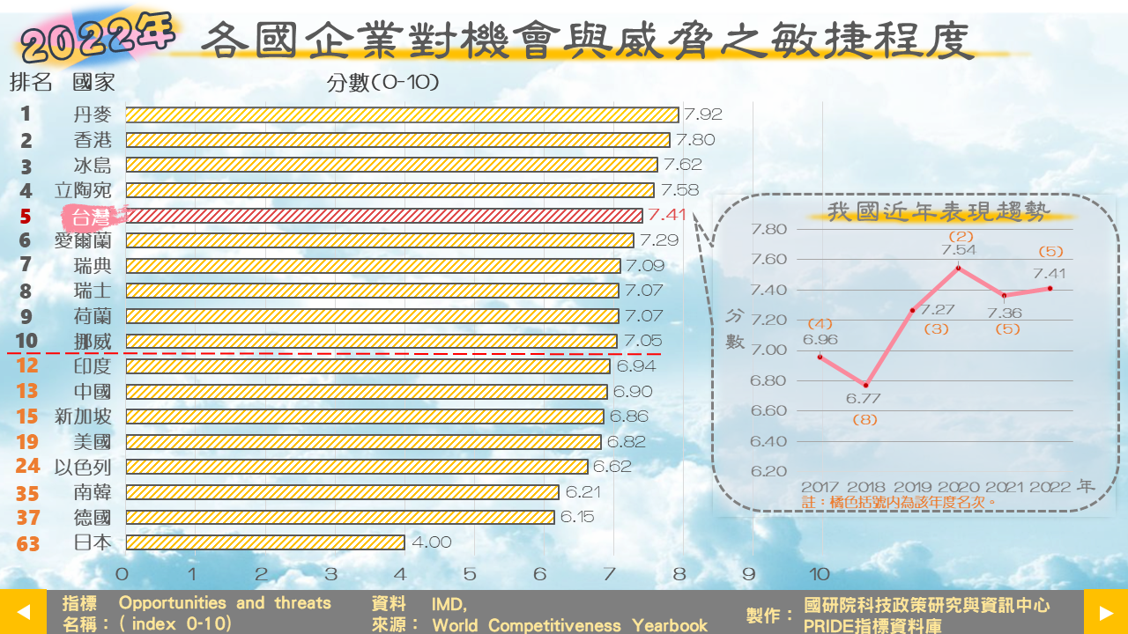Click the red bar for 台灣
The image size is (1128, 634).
coord(383,216)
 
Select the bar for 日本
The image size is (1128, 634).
coord(264,542)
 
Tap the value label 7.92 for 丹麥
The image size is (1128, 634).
coord(703,114)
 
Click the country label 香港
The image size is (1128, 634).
coord(93,140)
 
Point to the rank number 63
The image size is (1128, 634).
coord(27,543)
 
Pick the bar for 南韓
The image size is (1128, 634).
coord(342,492)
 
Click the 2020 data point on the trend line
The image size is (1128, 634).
coord(958,268)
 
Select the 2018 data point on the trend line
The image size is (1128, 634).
coord(865,385)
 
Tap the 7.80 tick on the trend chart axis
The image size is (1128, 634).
coord(768,230)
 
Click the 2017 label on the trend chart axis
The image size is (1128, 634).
coord(820,487)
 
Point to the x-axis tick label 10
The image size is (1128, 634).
coord(820,574)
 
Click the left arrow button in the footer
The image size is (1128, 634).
coord(23,612)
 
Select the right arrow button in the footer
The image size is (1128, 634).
coord(1105,612)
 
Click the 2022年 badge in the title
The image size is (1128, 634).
coord(97,38)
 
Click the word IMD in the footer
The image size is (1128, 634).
coord(449,604)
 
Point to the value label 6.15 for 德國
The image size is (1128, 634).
coord(577,517)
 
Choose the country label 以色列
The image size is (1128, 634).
coord(83,467)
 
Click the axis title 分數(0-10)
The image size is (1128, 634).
coord(382,83)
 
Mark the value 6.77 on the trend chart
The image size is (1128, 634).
coord(864,399)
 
